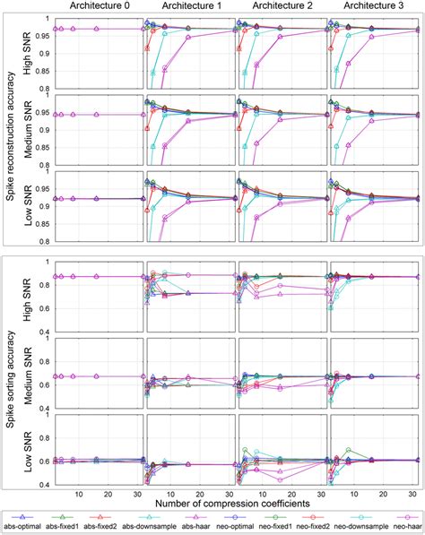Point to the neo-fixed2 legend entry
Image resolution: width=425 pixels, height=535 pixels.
click(x=322, y=526)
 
